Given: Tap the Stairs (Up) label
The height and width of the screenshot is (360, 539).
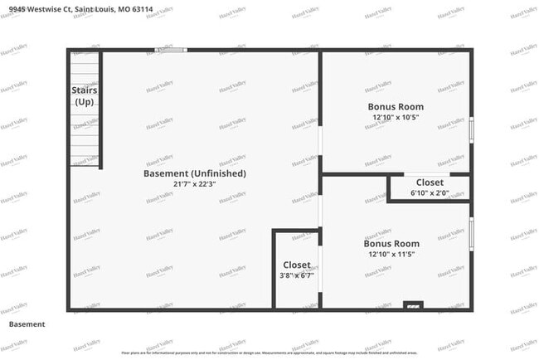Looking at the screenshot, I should [84, 95].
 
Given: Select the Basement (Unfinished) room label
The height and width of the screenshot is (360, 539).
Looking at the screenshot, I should [195, 173].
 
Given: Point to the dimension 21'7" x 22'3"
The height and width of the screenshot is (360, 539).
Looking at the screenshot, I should [195, 183].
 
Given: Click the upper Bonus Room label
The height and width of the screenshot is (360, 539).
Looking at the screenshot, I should [396, 106].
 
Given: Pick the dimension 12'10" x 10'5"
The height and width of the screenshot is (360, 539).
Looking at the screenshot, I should [396, 117].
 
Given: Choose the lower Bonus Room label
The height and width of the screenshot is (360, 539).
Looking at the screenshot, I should [391, 244].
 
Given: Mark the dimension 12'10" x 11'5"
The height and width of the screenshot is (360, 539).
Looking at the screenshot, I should [391, 254].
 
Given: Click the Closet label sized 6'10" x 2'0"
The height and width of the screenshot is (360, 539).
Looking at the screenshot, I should [430, 182].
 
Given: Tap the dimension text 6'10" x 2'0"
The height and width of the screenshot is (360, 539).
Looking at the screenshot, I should [430, 192].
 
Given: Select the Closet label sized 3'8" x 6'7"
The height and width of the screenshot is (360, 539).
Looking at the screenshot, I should [297, 265].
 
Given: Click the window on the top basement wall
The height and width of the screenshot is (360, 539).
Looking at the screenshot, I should [172, 50].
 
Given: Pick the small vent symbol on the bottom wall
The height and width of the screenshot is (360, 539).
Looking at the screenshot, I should [413, 306].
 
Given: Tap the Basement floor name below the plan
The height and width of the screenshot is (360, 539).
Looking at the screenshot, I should [27, 324].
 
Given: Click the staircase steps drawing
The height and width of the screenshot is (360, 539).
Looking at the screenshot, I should [84, 66].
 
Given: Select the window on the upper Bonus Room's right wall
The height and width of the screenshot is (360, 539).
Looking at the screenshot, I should [472, 129].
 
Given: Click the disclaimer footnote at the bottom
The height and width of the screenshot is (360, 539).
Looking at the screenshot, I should [269, 353].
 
